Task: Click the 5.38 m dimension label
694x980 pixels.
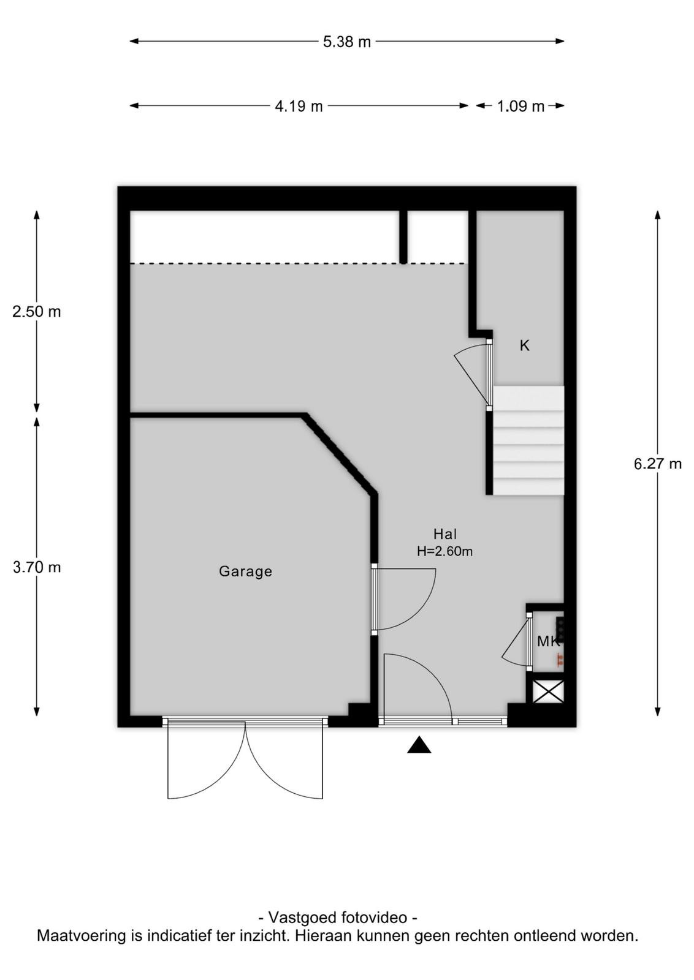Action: point(347,42)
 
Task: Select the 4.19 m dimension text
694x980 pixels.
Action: point(299,107)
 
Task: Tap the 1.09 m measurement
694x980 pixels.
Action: point(520,107)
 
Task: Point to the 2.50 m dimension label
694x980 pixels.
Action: point(37,312)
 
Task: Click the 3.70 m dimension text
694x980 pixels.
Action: point(37,567)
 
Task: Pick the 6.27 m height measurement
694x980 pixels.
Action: point(658,464)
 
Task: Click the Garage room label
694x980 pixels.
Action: point(246,571)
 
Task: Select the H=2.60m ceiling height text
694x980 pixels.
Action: point(445,551)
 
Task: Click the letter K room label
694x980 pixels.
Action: point(525,345)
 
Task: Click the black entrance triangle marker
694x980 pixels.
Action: point(419,745)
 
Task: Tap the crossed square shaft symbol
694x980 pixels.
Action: point(547,692)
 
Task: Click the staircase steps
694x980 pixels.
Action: point(528,440)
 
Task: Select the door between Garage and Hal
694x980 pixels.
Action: point(403,599)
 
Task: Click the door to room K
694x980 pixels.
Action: point(474,374)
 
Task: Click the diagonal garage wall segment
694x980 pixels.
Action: point(340,453)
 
